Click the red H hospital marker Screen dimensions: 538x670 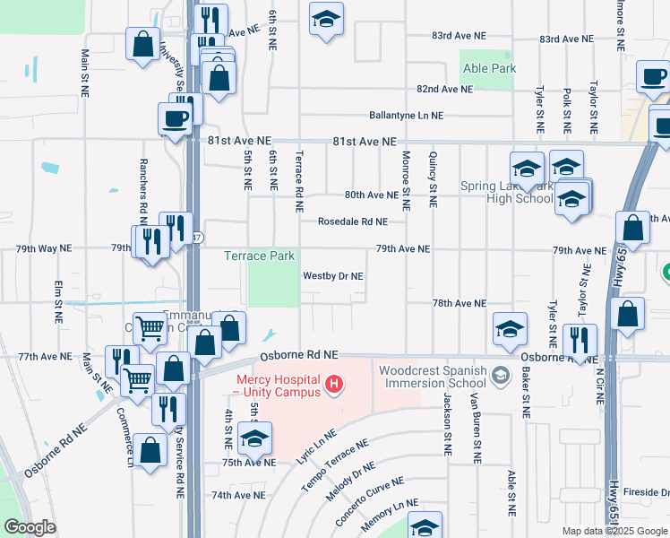point(334,385)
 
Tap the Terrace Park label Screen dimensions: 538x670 point(259,256)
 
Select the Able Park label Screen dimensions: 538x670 point(488,68)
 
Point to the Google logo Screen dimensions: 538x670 point(30,527)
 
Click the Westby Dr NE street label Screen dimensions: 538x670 point(333,276)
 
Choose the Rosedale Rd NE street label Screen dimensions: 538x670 point(353,221)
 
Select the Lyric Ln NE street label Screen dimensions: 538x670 point(317,446)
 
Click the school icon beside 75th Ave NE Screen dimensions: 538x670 point(255,438)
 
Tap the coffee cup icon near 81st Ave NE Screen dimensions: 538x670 point(175,118)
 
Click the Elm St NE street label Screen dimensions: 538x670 point(58,304)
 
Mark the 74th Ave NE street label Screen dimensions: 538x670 point(238,495)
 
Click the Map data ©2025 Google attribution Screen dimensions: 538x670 point(613,531)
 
